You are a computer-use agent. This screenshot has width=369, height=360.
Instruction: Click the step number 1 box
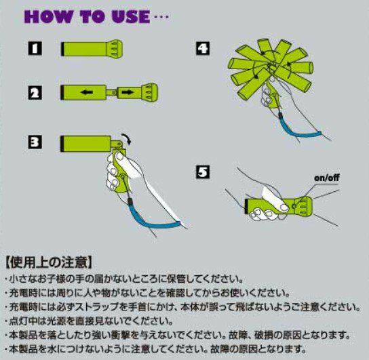pos(35,49)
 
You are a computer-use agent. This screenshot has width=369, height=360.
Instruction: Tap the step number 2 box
pos(35,93)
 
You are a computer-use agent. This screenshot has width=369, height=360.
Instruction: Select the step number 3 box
pos(35,142)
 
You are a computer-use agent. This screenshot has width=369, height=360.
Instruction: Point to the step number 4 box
pos(203,48)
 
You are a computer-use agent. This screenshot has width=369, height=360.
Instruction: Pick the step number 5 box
pos(203,172)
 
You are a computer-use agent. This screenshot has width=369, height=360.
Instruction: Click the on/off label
pos(327,178)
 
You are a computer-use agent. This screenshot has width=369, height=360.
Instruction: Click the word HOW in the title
pos(48,17)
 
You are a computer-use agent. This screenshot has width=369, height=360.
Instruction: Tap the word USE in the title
pos(131,17)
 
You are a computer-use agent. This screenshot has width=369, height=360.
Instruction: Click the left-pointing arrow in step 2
pos(87,92)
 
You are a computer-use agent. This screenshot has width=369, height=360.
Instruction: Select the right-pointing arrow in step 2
pos(128,92)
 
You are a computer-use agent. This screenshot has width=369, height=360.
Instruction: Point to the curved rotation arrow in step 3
pos(126,138)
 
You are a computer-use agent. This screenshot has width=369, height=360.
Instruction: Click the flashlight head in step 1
pos(115,49)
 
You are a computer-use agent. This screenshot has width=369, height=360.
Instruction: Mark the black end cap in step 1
pos(62,49)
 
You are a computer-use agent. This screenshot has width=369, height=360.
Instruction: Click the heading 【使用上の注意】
pos(48,262)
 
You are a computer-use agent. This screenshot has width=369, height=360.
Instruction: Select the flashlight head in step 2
pos(149,92)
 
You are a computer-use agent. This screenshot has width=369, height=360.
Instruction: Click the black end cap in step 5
pos(246,207)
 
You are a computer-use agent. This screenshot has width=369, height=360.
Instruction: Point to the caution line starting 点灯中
pos(90,321)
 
